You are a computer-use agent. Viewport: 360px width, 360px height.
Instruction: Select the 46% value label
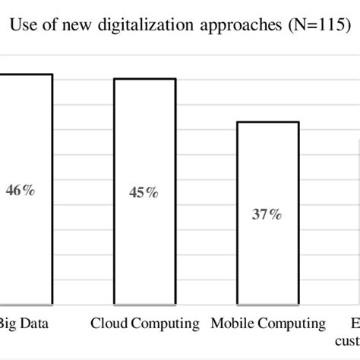pyautogui.click(x=20, y=191)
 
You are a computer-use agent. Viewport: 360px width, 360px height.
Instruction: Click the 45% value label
pyautogui.click(x=144, y=193)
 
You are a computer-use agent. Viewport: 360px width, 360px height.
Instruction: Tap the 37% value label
pyautogui.click(x=267, y=215)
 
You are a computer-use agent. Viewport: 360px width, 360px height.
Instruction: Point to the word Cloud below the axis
pyautogui.click(x=111, y=324)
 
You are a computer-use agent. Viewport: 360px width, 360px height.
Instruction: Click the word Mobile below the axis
pyautogui.click(x=232, y=324)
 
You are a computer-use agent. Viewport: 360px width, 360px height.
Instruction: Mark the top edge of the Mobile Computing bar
pyautogui.click(x=267, y=122)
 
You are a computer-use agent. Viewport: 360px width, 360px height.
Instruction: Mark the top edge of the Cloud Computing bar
pyautogui.click(x=144, y=78)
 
